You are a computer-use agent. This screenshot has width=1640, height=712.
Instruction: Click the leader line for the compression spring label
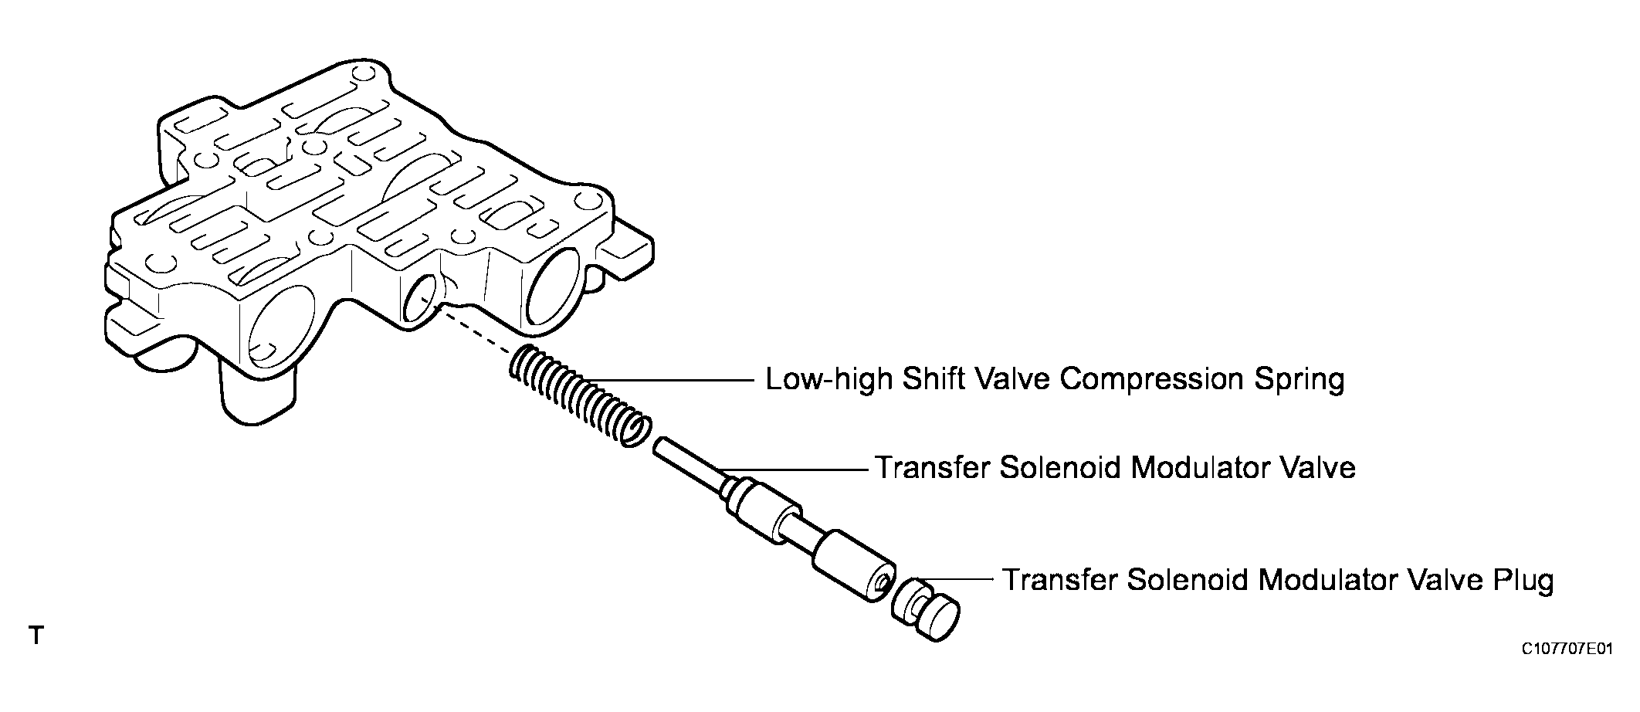pos(679,380)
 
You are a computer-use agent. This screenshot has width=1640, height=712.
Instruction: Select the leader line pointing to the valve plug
pos(957,579)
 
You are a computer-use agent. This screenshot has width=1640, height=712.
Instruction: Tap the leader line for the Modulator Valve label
pos(795,469)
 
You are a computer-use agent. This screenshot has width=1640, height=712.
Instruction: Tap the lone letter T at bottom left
pos(35,636)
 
